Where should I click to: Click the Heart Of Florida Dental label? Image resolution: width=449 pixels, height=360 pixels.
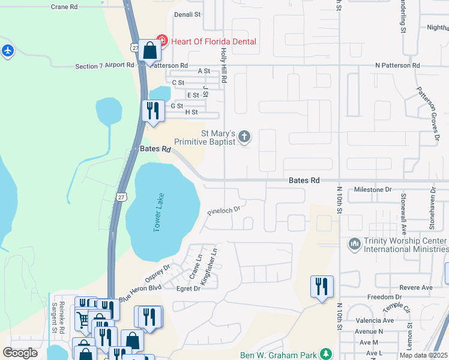coord(214,41)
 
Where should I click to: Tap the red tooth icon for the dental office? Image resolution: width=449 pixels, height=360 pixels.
coord(161,41)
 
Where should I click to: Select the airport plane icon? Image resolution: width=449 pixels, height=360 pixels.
coord(7,51)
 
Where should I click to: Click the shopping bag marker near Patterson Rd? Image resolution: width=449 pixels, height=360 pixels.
coord(149,52)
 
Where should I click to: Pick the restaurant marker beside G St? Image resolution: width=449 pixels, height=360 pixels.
coord(153,111)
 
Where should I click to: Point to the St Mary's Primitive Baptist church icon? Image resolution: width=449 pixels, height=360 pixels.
coord(244,137)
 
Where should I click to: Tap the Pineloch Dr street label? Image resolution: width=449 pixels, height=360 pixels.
coord(224,211)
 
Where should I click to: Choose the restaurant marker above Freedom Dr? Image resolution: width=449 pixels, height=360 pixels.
coord(322,287)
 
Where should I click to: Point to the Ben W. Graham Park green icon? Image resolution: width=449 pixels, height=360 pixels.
coord(326,354)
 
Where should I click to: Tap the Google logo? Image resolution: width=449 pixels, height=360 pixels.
coord(20,353)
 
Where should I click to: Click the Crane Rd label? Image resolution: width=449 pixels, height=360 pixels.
coord(65,7)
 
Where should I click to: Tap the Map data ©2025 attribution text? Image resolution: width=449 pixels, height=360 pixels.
coord(424,355)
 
